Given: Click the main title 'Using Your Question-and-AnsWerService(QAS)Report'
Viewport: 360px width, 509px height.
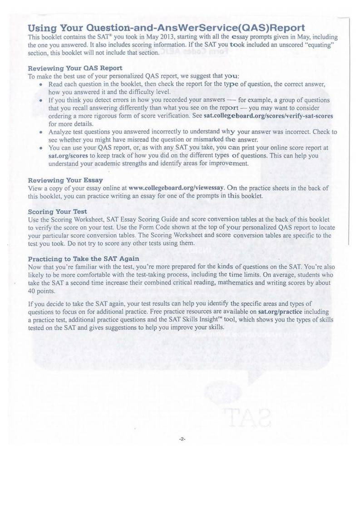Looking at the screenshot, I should [166, 28].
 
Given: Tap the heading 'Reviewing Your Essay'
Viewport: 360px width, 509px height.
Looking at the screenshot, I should [65, 181].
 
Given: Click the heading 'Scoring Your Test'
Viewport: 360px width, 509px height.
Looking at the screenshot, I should [58, 212].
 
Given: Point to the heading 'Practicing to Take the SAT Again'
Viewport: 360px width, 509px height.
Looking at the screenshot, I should [84, 259].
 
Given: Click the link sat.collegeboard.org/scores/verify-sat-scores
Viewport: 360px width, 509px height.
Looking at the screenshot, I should [268, 116].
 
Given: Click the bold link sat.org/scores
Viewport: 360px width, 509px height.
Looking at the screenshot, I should [65, 156].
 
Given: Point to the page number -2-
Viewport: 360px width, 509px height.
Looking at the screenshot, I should [182, 439].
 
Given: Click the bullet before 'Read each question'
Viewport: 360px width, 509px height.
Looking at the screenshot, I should [41, 85].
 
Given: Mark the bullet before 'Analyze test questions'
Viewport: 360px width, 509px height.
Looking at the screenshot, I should [41, 132].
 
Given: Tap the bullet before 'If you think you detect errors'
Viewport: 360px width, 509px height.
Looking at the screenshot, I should [41, 100].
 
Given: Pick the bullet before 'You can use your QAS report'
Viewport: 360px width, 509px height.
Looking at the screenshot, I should [41, 148].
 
